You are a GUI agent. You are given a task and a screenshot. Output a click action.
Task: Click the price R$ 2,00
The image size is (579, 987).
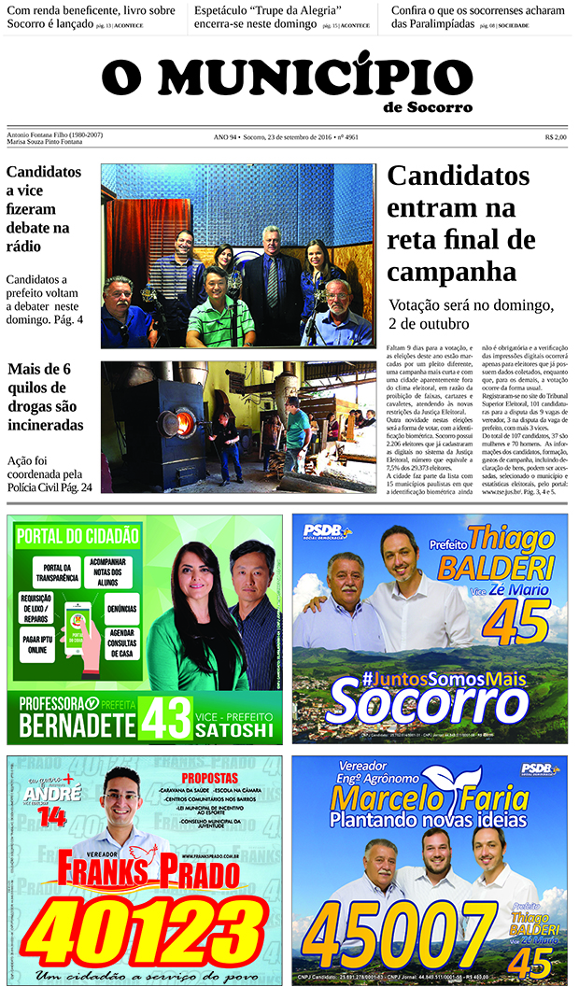(556, 137)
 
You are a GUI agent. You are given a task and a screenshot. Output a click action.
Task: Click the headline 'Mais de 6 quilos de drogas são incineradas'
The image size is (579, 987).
(45, 397)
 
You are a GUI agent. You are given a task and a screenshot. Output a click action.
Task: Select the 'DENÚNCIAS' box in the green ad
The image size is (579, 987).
(121, 608)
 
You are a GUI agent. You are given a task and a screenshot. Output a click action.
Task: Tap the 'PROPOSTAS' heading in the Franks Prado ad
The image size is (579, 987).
(209, 778)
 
